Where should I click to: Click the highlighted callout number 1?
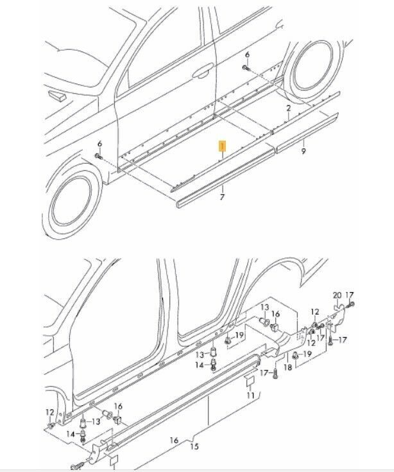click(222, 146)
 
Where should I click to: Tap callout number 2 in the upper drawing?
click(288, 108)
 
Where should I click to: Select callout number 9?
click(303, 152)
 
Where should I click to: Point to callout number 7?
click(222, 197)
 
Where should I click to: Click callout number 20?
click(338, 295)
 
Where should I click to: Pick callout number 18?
click(288, 367)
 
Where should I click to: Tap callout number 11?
click(251, 395)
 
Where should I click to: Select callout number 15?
click(194, 446)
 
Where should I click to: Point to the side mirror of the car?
click(57, 95)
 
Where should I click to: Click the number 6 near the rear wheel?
click(247, 55)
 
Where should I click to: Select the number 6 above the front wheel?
click(99, 144)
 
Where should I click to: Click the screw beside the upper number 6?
click(246, 68)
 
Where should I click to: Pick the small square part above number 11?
click(250, 381)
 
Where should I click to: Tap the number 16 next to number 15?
click(174, 441)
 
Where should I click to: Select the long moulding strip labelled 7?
click(226, 177)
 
